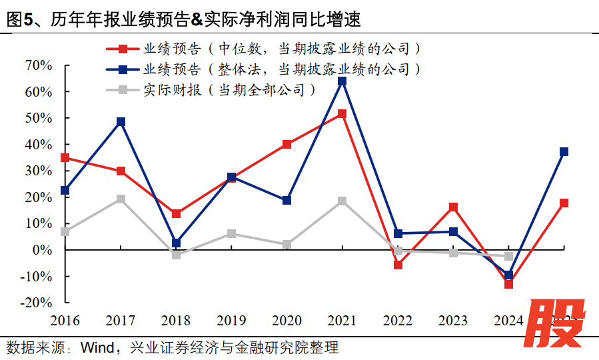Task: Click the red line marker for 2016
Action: click(65, 158)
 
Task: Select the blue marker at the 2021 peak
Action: click(342, 81)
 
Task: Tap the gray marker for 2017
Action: click(121, 199)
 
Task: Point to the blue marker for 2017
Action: click(121, 122)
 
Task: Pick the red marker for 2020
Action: click(287, 144)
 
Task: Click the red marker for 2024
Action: click(509, 284)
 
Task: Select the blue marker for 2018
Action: click(176, 243)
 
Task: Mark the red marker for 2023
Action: click(453, 207)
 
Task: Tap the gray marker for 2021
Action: click(342, 201)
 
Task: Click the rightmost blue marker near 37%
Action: click(564, 152)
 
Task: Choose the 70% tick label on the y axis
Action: click(38, 65)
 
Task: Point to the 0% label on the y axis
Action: click(42, 249)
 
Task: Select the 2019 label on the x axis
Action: click(231, 321)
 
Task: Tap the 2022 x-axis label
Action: click(398, 321)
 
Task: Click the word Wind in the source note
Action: click(98, 347)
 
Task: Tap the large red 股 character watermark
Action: click(558, 323)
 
